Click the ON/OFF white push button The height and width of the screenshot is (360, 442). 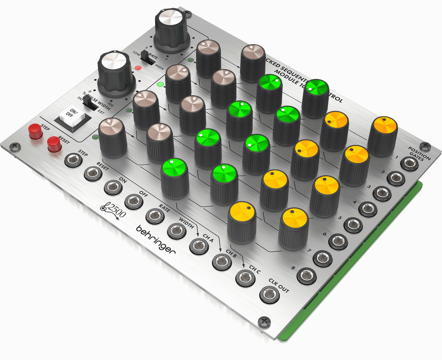click(74, 116)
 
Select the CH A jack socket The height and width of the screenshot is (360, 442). click(199, 246)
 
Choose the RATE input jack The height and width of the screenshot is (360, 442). click(155, 216)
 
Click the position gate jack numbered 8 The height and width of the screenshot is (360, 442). click(307, 275)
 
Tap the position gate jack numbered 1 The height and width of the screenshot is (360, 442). click(410, 163)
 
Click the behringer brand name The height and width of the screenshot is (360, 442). click(156, 239)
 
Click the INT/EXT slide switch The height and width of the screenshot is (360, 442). click(91, 103)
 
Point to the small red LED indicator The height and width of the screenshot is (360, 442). click(138, 68)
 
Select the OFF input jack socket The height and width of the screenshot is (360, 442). click(133, 201)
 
